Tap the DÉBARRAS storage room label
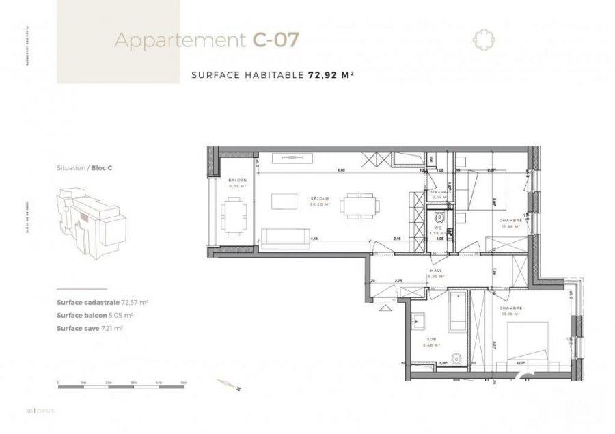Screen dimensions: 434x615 pyautogui.click(x=440, y=192)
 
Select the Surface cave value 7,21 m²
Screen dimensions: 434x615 pyautogui.click(x=113, y=328)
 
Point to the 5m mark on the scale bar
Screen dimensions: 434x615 pyautogui.click(x=183, y=383)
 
